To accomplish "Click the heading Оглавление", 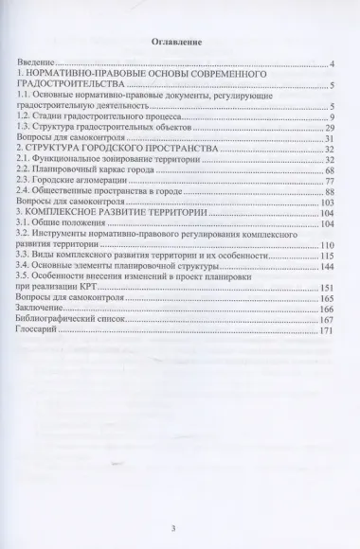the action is [179, 44].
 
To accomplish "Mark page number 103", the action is [316, 202].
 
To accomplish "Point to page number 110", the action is [316, 244].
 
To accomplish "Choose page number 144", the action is [316, 266].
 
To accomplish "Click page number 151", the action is [316, 288].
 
